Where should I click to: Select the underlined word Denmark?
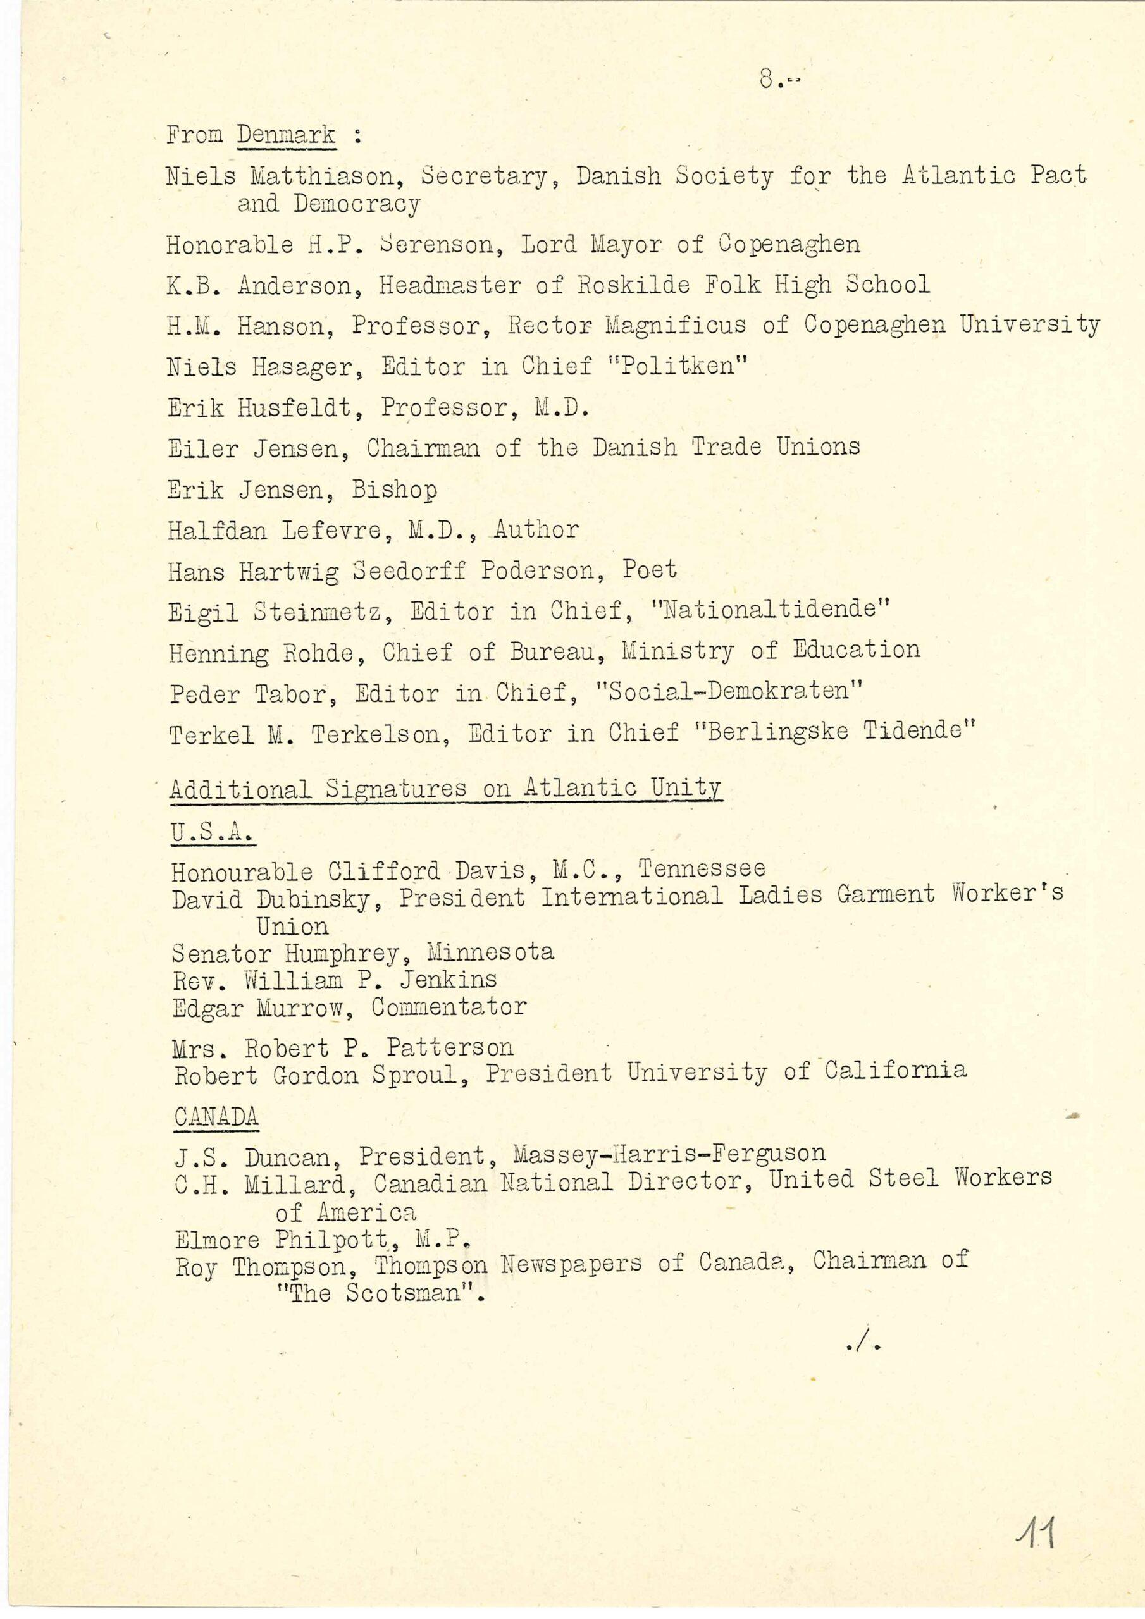coord(286,134)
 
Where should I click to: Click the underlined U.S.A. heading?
coord(213,832)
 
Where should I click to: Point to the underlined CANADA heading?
coord(216,1116)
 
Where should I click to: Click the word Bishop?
coord(394,489)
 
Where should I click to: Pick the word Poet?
coord(649,569)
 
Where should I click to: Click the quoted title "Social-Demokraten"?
coord(729,691)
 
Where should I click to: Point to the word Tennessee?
coord(702,868)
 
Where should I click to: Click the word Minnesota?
coord(490,952)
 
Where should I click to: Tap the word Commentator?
coord(449,1007)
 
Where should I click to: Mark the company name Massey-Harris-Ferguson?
coord(669,1154)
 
